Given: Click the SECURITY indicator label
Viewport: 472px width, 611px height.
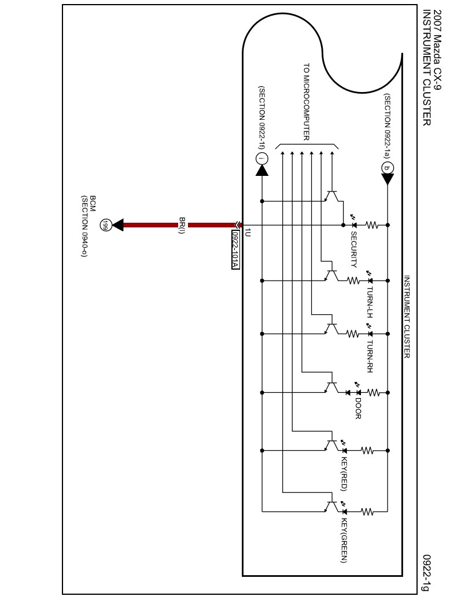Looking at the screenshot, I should (354, 249).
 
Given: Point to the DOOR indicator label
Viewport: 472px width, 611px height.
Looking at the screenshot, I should (358, 407).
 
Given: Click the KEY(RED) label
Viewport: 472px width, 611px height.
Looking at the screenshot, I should (344, 474).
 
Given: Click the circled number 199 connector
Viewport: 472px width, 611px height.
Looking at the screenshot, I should (105, 224).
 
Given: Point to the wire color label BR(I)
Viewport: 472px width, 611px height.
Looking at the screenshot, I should (182, 225).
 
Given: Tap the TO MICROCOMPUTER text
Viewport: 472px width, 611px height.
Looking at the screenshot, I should (307, 101).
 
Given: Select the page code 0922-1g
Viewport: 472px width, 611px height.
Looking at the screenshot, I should (426, 573).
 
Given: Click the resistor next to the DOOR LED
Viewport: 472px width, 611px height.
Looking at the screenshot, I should (373, 392).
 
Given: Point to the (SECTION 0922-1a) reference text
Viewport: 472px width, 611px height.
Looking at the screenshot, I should (388, 125).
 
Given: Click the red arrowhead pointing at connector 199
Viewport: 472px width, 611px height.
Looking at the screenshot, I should (118, 224).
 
